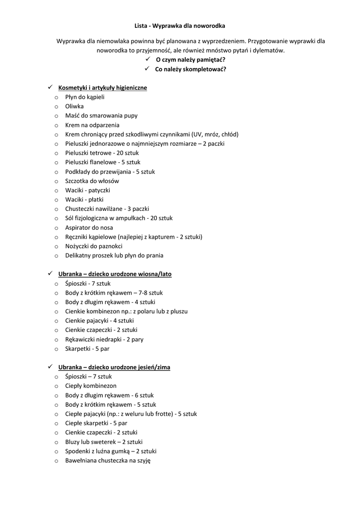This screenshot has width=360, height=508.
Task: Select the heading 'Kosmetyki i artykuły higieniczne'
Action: pos(102,88)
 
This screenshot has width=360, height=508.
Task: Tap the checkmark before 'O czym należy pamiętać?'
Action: pos(147,60)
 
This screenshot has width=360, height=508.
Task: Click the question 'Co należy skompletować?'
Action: pos(191,69)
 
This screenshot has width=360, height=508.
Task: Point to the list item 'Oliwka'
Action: pos(74,106)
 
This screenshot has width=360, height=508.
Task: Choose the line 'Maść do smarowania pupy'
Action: pos(101,116)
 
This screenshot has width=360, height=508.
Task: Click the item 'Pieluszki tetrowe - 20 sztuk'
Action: pos(102,153)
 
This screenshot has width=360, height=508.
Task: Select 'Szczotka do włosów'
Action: pos(92,181)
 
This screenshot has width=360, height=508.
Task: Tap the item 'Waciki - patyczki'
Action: pos(87,190)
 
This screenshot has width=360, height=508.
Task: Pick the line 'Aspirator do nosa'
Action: pos(89,227)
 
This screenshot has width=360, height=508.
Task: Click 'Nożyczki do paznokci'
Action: pos(93,246)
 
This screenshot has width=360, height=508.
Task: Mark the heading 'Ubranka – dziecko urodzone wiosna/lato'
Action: pos(115,274)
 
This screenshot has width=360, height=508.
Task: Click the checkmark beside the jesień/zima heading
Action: pos(50,367)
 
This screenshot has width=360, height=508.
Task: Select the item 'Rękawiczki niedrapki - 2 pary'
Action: pos(104,339)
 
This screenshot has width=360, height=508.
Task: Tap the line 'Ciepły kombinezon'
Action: pos(91,386)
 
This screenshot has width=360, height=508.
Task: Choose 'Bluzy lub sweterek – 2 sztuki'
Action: pos(104,442)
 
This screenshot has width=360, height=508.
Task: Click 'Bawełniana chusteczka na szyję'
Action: pos(108,460)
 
